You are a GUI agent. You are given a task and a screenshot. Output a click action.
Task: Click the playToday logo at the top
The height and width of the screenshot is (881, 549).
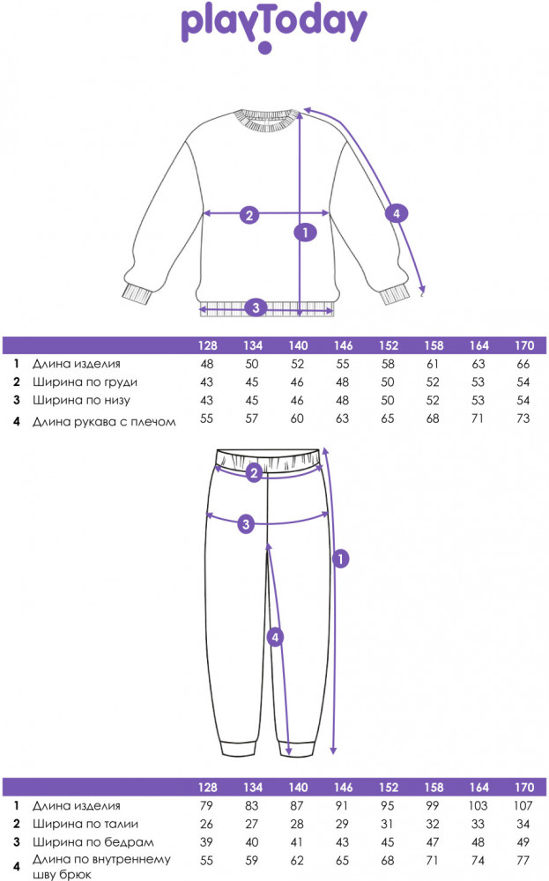pos(274,27)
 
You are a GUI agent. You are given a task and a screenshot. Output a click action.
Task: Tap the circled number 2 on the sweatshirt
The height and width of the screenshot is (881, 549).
pos(249,214)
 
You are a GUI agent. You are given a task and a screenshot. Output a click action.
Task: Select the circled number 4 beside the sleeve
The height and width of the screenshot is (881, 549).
pos(397,213)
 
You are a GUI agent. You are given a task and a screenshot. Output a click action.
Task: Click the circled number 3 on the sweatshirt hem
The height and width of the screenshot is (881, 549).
pos(256,307)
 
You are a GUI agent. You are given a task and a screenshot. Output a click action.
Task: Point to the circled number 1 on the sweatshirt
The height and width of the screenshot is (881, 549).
pos(305,232)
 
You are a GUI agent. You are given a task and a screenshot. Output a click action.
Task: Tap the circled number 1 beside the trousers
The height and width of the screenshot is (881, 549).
pos(340,559)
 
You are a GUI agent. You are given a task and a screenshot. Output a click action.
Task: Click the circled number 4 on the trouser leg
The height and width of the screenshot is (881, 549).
pos(275,637)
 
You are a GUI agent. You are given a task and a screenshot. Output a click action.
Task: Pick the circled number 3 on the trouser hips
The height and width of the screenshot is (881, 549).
pos(246,524)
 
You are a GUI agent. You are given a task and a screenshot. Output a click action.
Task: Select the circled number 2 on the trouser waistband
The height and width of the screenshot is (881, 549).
pos(254,473)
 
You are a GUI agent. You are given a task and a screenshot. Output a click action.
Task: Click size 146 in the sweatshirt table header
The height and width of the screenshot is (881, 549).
pos(343,345)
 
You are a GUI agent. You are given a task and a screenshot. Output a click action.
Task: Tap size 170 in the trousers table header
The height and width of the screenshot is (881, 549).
pos(523,787)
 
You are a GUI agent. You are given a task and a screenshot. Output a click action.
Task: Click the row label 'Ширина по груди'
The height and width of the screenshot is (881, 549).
pos(85,382)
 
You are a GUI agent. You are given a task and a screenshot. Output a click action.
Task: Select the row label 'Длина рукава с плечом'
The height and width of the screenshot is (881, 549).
pos(104,421)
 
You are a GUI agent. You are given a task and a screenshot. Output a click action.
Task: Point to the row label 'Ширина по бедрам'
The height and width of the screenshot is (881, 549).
pos(93,841)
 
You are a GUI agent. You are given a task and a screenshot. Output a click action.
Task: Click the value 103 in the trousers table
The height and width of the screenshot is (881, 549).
pos(479,806)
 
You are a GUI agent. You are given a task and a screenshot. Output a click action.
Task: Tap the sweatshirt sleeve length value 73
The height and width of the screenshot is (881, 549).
pos(523,418)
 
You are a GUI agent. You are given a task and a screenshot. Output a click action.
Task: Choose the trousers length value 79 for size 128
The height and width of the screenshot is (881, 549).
pos(206,806)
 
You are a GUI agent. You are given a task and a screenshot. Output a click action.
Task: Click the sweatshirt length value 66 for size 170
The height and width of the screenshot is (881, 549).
pos(523,364)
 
